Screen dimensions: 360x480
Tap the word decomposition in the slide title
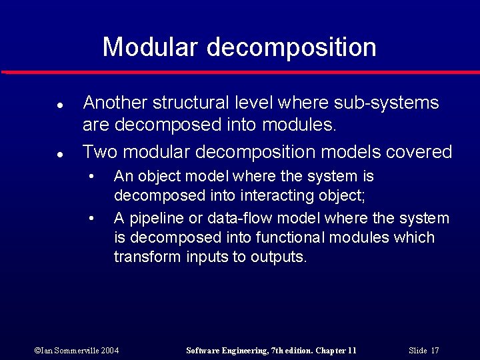(x=291, y=47)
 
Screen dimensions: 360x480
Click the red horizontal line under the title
(x=240, y=72)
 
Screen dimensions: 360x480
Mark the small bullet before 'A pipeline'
(x=92, y=219)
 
